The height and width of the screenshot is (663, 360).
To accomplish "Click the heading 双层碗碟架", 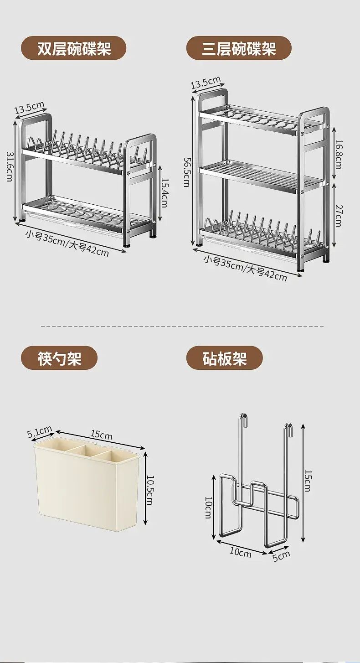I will click(74, 48).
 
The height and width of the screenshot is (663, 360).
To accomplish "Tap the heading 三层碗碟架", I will click(239, 48).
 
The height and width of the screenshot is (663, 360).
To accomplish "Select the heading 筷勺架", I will click(59, 358).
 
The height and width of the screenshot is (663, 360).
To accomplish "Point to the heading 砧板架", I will click(224, 358).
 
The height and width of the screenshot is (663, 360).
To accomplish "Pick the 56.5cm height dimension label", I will click(187, 172).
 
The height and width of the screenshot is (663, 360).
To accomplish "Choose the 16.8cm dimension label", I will click(338, 154).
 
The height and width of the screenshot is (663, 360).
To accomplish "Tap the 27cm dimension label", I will click(338, 215).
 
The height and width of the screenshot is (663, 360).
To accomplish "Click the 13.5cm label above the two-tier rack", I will click(30, 109).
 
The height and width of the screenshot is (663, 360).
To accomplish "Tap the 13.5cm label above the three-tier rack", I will click(206, 83).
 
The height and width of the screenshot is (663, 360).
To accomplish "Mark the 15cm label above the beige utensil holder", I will click(102, 435).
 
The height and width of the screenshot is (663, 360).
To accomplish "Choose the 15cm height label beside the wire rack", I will click(308, 481).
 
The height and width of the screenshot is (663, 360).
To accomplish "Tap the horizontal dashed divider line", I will click(182, 326).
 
